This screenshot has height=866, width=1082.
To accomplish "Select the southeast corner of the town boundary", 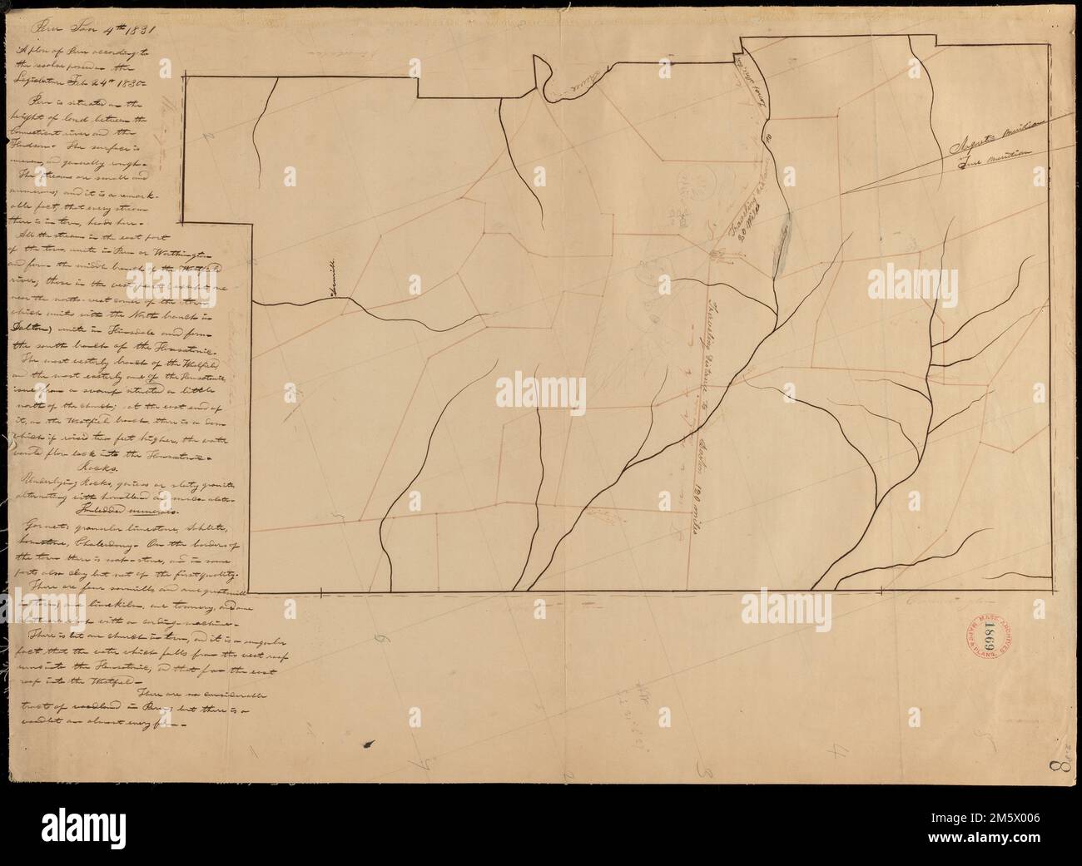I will (x=1051, y=591).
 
